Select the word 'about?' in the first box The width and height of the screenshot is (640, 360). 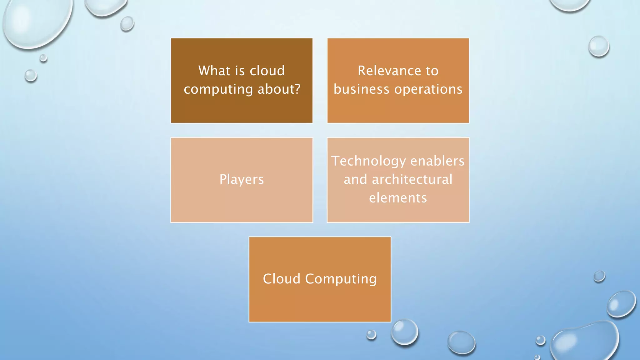coord(279,89)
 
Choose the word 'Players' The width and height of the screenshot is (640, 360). coord(242,180)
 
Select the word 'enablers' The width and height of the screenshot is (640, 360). coord(437,161)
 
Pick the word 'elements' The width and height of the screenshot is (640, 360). coord(398,198)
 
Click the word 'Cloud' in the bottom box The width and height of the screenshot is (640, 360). coord(282,279)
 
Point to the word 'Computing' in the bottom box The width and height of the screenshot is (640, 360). coord(341,279)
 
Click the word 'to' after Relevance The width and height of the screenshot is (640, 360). coord(432,71)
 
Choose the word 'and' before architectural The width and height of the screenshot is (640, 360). coord(355,179)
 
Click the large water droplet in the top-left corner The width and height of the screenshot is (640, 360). coord(36,22)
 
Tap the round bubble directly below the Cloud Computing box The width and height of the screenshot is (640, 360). coord(404,332)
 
